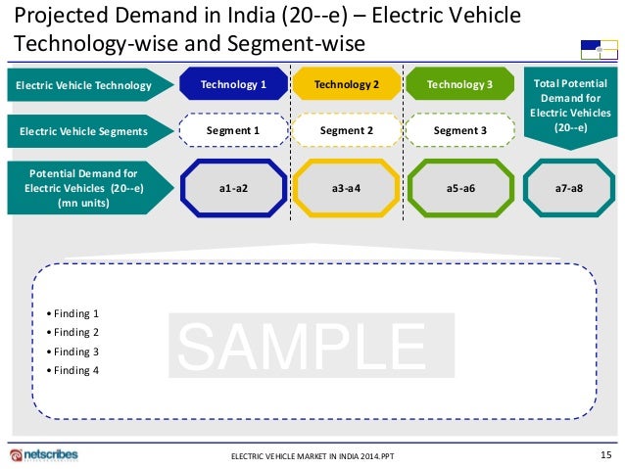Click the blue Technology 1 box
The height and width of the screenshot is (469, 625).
click(233, 85)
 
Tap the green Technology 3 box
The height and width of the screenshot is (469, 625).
click(459, 85)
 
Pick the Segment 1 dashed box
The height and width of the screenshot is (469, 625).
click(233, 130)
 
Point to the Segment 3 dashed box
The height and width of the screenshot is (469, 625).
click(459, 130)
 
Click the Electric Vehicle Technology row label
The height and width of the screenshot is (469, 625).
click(83, 86)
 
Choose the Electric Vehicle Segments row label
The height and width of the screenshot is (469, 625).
click(81, 130)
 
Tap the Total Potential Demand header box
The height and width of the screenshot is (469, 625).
click(570, 105)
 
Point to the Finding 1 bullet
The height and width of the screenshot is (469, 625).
click(76, 314)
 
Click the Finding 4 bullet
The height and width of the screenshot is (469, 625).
click(76, 370)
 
